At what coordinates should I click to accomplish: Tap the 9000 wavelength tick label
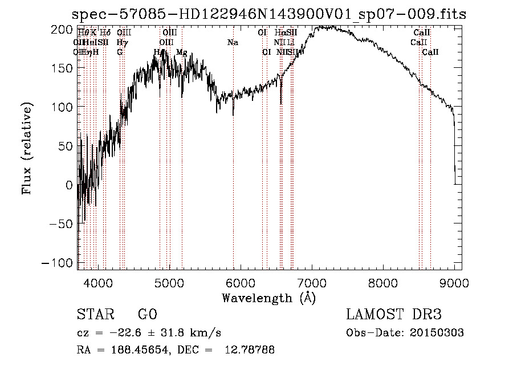pyautogui.click(x=454, y=282)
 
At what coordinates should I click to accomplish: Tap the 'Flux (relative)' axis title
pyautogui.click(x=27, y=148)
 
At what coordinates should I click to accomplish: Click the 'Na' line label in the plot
pyautogui.click(x=233, y=43)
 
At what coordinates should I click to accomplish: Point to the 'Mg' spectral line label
pyautogui.click(x=181, y=52)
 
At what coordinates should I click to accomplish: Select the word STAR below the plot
pyautogui.click(x=95, y=315)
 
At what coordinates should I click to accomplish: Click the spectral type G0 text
pyautogui.click(x=147, y=315)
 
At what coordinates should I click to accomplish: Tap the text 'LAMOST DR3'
pyautogui.click(x=394, y=315)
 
